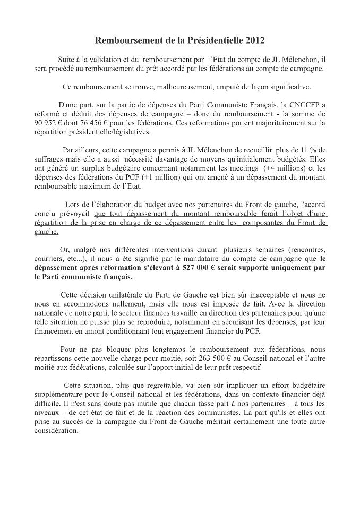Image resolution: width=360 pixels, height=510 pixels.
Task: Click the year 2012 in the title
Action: [253, 40]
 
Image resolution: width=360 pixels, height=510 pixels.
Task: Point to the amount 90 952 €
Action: [49, 123]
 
